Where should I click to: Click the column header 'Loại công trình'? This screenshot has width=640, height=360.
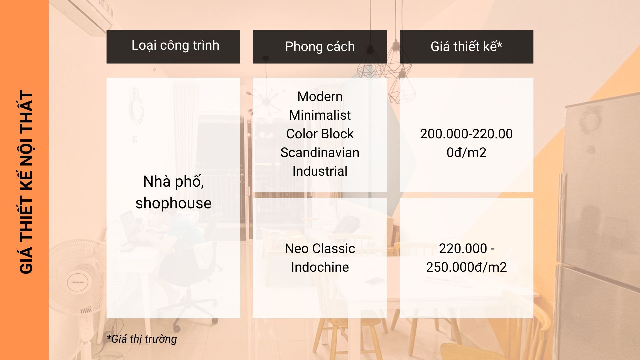175,46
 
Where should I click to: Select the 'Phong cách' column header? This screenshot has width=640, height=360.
320,46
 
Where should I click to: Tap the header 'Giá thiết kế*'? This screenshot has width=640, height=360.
466,46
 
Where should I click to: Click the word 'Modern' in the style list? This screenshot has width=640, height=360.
320,97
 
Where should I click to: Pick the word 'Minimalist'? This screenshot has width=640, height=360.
320,115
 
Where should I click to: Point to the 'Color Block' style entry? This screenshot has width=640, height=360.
320,134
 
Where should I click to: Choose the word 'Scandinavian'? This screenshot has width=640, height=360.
320,153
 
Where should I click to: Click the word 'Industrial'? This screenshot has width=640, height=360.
320,171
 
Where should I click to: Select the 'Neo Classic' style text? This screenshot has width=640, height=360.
320,249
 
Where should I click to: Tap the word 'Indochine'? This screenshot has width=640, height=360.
320,267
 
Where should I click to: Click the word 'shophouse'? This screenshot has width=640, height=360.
173,203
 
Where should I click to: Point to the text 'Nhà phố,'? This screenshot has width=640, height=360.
173,182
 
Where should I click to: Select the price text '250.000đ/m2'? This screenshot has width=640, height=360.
466,267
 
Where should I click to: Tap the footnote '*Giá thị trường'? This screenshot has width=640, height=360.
142,339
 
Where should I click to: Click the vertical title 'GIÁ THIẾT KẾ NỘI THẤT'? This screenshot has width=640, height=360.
26,182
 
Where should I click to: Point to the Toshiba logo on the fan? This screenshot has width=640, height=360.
78,282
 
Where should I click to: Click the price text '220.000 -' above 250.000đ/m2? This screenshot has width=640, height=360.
466,249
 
